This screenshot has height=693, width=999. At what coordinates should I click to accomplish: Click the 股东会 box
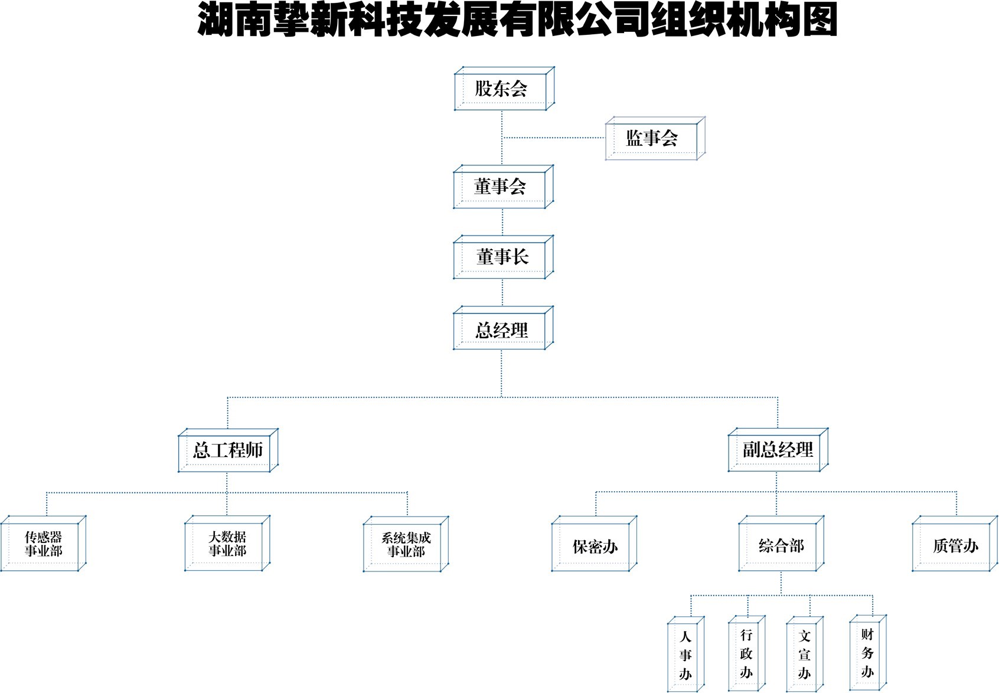(x=502, y=89)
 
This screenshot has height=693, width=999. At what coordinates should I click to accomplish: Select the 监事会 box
(x=652, y=139)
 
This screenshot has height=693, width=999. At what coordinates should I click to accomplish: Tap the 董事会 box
(x=501, y=187)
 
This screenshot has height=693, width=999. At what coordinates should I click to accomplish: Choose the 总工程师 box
(x=227, y=450)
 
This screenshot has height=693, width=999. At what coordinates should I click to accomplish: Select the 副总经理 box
(x=778, y=450)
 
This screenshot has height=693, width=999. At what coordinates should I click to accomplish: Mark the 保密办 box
(x=595, y=546)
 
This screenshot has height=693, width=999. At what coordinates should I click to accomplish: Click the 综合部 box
(x=781, y=545)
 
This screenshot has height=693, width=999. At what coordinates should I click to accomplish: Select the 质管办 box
(x=955, y=545)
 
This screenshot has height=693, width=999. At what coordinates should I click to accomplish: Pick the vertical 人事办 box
(x=685, y=655)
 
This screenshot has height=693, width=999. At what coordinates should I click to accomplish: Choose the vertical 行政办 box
(x=746, y=653)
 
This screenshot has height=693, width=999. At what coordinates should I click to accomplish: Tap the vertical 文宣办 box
(x=804, y=654)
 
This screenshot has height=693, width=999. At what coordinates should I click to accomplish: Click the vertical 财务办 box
(x=867, y=652)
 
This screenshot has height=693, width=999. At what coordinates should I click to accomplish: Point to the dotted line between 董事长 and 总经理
(x=502, y=292)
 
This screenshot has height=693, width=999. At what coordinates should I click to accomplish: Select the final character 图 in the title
(x=819, y=19)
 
